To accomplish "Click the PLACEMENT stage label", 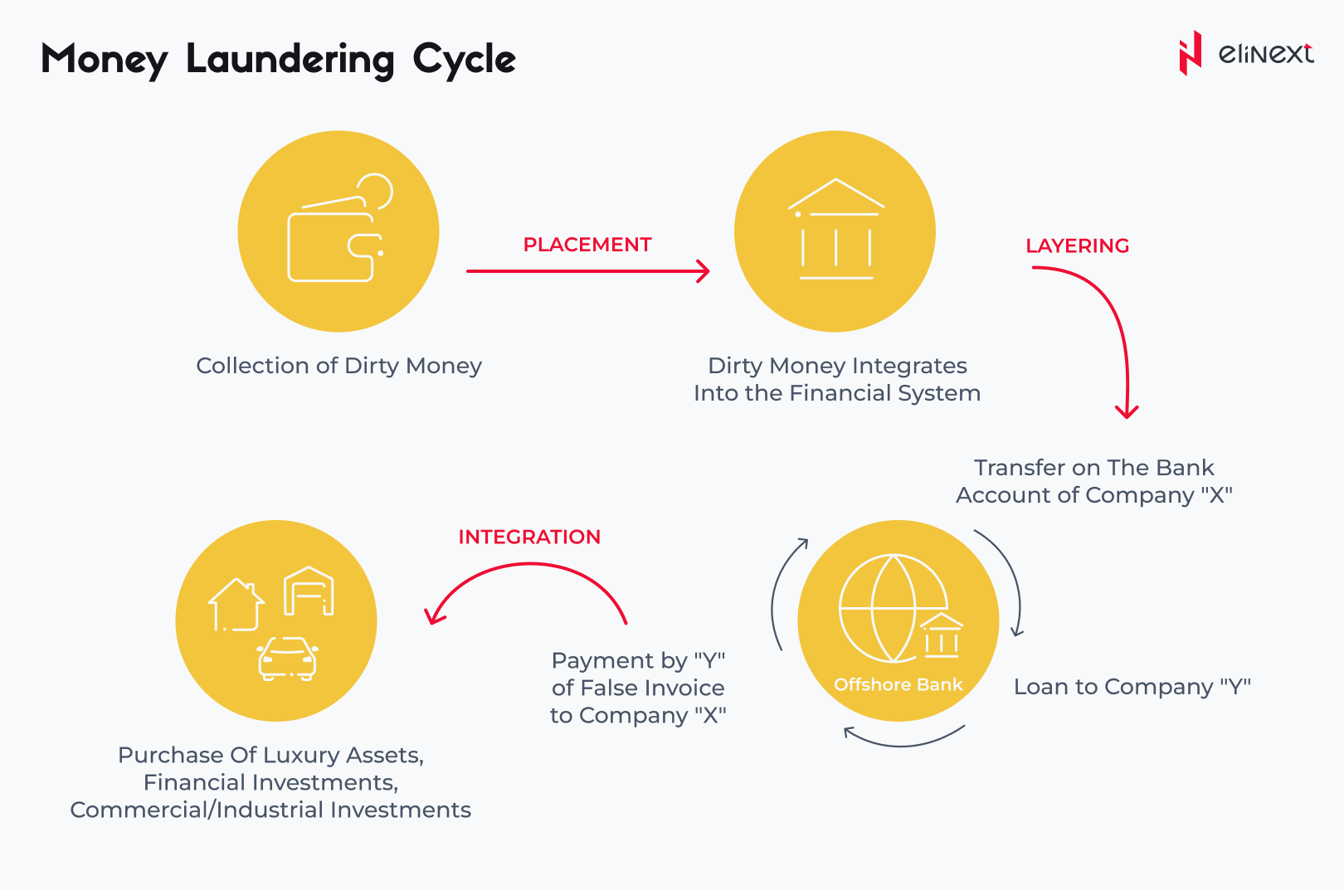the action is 587,245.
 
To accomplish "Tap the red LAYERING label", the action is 1077,246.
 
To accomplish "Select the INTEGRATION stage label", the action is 529,537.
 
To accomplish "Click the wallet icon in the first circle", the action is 340,228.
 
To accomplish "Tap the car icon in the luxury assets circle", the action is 287,659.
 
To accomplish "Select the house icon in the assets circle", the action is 236,605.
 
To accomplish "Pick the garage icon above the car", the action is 309,591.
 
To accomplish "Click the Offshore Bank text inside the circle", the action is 898,684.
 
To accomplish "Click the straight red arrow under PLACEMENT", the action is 588,271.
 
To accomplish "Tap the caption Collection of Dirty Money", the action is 339,365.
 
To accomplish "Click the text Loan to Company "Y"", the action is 1132,687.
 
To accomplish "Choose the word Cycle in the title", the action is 464,60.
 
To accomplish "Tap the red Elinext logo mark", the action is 1191,53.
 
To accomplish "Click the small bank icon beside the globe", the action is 941,635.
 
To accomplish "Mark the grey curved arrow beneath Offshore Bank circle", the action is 903,746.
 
